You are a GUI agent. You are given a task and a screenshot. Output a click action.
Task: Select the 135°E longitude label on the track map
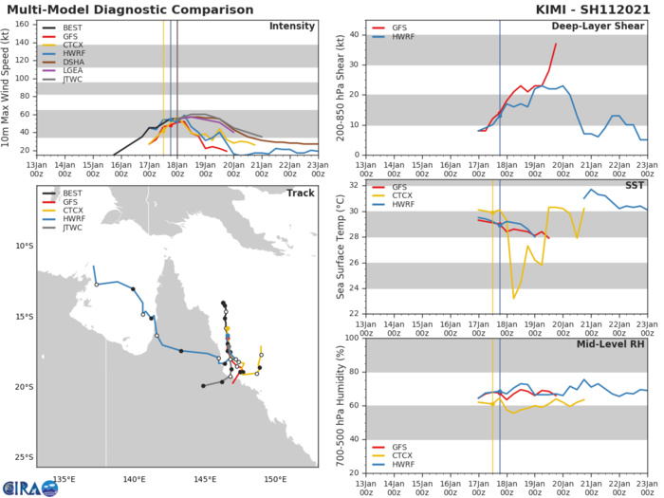pos(64,478)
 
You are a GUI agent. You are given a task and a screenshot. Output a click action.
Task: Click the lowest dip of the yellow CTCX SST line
pos(513,299)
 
